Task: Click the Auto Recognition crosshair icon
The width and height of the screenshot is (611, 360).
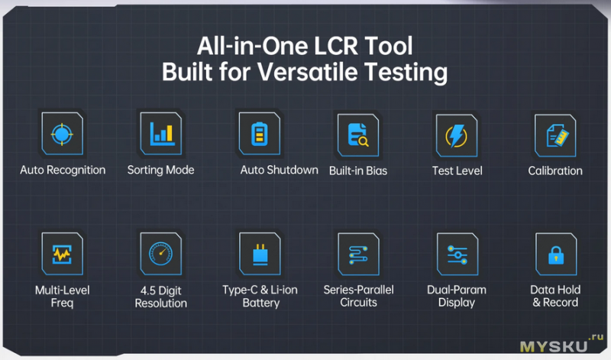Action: point(62,134)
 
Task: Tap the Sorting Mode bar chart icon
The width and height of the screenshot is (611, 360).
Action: point(161,134)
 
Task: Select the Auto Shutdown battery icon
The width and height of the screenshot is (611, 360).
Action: point(260,134)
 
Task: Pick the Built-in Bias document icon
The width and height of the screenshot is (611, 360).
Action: point(358,135)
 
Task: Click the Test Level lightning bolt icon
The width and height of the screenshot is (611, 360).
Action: point(457,135)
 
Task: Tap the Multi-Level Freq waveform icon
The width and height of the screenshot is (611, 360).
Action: point(63,254)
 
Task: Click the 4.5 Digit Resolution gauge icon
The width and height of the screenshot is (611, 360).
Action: point(161,254)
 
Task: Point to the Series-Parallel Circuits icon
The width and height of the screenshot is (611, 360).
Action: point(358,255)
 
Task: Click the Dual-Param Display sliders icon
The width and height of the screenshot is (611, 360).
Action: point(457,255)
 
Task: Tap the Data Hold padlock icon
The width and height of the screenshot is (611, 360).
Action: point(556,255)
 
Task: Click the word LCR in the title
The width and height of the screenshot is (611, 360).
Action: point(335,46)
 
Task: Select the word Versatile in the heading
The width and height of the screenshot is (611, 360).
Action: point(307,72)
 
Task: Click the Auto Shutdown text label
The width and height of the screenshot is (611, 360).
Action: point(279,170)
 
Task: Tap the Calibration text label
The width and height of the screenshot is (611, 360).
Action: point(555,171)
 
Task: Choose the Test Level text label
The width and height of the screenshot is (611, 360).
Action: point(457,171)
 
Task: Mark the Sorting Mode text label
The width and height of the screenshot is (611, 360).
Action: point(160,170)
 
